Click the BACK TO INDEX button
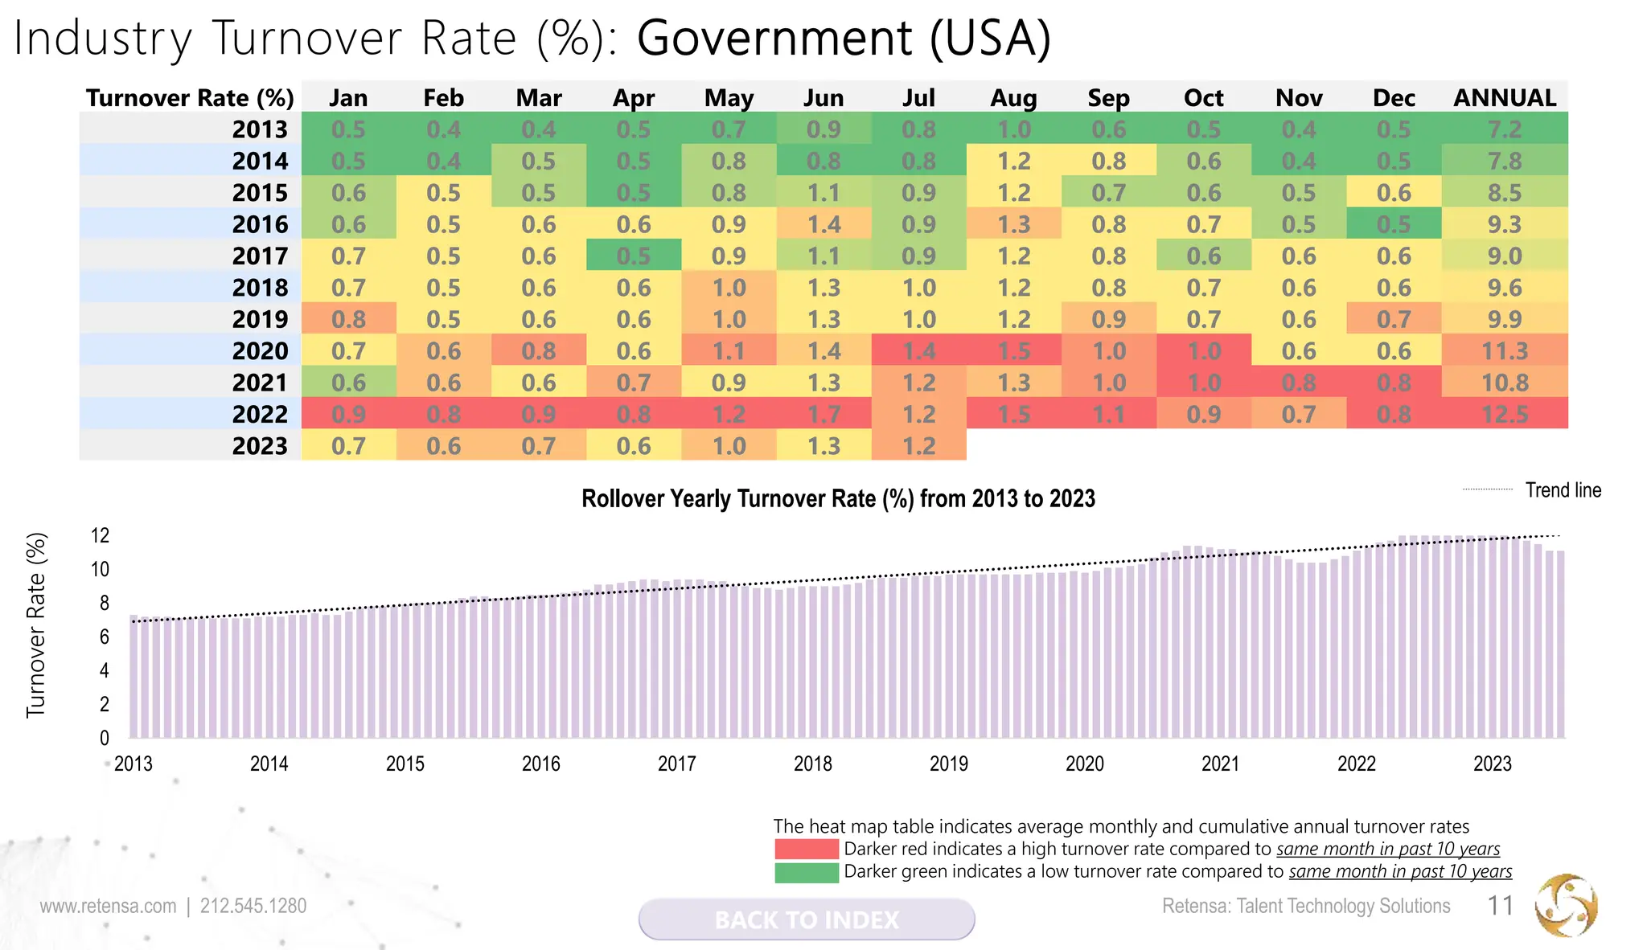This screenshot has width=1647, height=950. (x=807, y=919)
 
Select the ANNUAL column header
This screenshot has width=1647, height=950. (x=1505, y=98)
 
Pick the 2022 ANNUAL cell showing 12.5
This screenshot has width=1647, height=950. (x=1505, y=414)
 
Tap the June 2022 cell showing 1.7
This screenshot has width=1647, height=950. (x=823, y=414)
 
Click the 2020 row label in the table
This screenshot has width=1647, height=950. (x=260, y=351)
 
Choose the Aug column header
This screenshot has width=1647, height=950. (x=1013, y=98)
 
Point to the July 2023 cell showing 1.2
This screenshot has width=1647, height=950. (x=918, y=445)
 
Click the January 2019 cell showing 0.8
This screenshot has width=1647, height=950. (x=348, y=319)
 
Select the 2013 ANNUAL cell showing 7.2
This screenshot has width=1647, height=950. (x=1505, y=129)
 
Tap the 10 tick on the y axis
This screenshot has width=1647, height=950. (x=100, y=570)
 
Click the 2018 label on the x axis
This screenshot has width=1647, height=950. (x=812, y=764)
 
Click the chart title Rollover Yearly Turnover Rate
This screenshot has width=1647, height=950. (x=838, y=499)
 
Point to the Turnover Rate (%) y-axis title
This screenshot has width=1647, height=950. (x=36, y=625)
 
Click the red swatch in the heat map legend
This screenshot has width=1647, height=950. (x=806, y=849)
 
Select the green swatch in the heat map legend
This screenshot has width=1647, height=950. (x=806, y=872)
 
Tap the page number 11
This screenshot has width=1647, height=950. (x=1501, y=906)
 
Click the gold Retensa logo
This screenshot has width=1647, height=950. (x=1566, y=906)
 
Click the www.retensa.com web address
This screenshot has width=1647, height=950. (x=108, y=907)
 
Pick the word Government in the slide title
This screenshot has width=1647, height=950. (x=774, y=38)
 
